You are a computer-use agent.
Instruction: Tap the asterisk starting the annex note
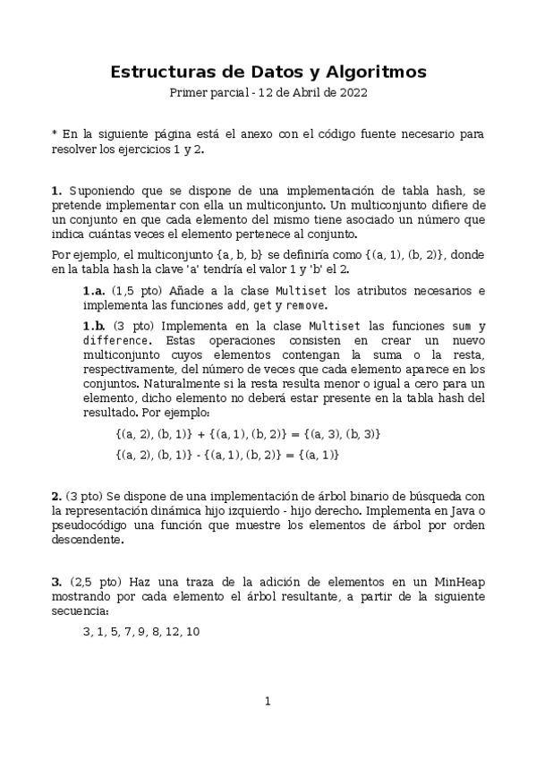pyautogui.click(x=55, y=134)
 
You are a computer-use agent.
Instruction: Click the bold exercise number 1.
pyautogui.click(x=56, y=191)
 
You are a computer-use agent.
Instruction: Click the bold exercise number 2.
pyautogui.click(x=56, y=496)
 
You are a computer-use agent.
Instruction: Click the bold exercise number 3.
pyautogui.click(x=56, y=583)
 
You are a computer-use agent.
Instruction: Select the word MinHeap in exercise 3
pyautogui.click(x=461, y=583)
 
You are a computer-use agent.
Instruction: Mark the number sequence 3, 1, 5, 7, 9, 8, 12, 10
pyautogui.click(x=140, y=632)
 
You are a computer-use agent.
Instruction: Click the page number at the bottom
pyautogui.click(x=268, y=701)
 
